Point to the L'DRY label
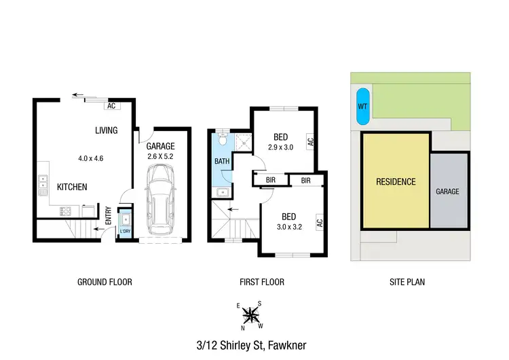125,232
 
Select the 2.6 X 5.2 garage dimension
161,157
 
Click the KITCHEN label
71,187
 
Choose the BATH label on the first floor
222,161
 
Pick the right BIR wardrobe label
305,181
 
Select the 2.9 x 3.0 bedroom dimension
280,147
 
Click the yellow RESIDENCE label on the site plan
396,181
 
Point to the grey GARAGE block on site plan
448,192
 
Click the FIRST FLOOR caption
262,282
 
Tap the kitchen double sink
42,181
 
